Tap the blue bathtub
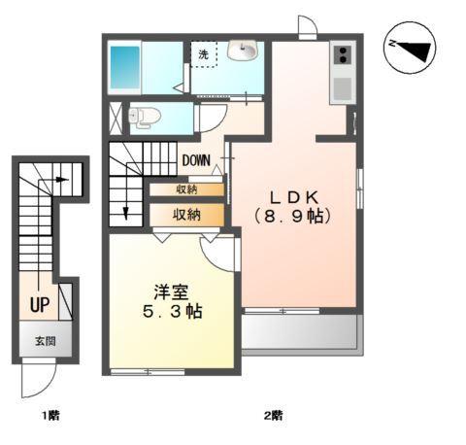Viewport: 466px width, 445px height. [x=125, y=67]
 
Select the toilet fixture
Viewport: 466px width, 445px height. [x=145, y=117]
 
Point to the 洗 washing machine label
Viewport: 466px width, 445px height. [x=204, y=55]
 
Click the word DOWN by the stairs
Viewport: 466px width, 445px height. [x=193, y=160]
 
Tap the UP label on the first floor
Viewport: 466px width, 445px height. [x=40, y=305]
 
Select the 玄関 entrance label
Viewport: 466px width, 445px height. [x=46, y=341]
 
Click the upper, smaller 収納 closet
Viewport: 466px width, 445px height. [x=186, y=189]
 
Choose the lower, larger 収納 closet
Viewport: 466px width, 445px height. [x=186, y=214]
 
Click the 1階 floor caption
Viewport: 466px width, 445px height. [x=50, y=416]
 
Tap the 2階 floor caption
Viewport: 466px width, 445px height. [x=273, y=416]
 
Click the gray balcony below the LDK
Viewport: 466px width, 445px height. [x=301, y=333]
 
